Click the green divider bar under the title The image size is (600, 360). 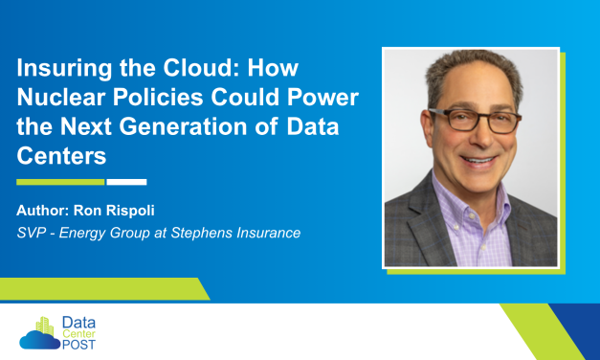click(x=60, y=181)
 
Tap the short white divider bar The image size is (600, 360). click(x=126, y=181)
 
